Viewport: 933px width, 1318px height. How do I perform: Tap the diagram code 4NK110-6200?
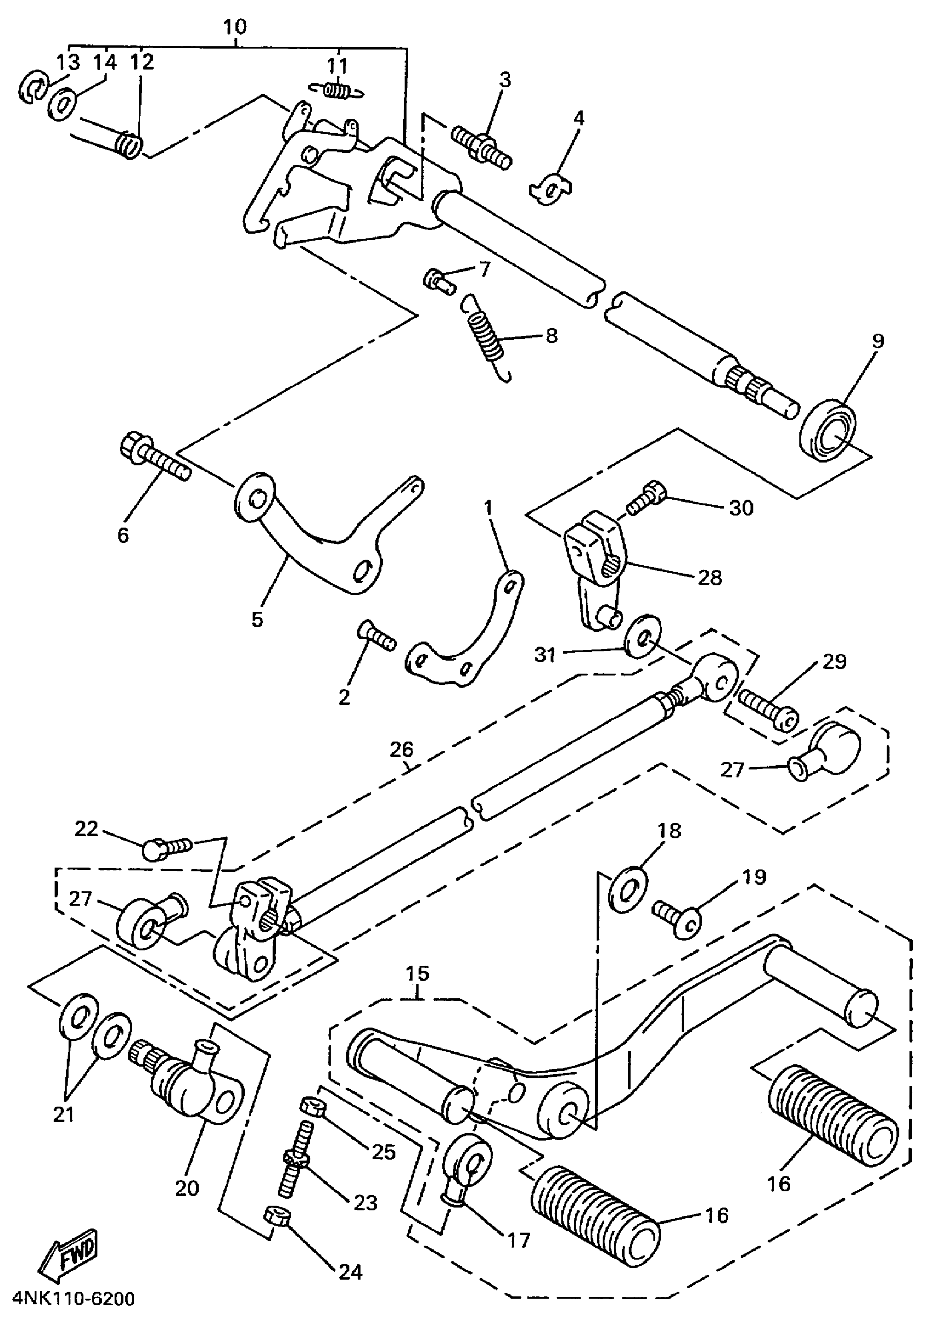click(x=73, y=1298)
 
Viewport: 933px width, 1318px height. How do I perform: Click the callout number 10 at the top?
click(x=234, y=27)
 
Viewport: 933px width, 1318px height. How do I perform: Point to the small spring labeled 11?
click(x=336, y=89)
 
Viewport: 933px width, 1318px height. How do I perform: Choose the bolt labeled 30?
click(x=646, y=498)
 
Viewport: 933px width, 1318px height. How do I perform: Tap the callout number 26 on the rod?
click(x=401, y=750)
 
